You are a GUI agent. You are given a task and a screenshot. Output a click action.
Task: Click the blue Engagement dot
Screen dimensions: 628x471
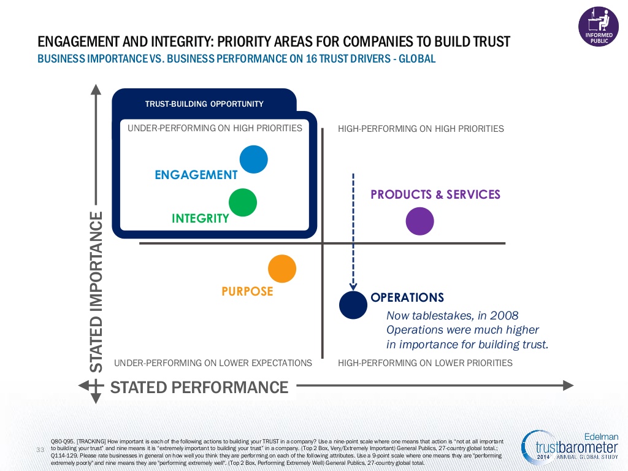253,159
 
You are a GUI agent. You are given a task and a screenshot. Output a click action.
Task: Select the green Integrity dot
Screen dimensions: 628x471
243,202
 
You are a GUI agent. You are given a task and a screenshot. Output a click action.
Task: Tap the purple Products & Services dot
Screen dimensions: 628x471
419,221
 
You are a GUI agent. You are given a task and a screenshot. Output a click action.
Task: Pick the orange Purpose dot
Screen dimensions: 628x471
282,269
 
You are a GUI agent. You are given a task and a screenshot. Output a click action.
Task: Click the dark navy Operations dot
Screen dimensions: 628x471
353,305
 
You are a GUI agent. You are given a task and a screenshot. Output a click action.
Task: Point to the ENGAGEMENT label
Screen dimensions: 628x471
196,175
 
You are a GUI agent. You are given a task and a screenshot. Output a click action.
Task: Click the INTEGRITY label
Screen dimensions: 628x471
201,218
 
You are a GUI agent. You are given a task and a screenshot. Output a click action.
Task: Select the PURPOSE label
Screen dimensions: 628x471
247,291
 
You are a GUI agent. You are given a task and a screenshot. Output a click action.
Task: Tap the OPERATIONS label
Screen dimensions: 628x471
407,297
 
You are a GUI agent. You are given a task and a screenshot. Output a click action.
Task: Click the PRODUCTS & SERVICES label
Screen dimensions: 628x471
435,194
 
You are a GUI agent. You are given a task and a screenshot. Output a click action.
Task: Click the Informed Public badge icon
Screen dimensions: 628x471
599,26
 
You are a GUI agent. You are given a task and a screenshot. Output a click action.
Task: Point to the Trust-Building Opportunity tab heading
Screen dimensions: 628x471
204,104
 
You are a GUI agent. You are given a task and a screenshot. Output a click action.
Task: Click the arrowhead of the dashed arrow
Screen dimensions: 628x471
353,286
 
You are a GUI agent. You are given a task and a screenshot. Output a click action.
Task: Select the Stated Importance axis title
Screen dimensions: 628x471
96,292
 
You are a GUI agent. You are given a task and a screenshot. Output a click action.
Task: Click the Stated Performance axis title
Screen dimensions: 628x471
199,388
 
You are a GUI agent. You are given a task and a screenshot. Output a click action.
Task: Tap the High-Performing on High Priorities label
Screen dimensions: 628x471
421,129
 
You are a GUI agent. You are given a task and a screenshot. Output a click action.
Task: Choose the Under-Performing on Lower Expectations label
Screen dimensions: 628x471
213,363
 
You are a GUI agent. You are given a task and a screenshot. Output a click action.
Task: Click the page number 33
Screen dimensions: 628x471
40,450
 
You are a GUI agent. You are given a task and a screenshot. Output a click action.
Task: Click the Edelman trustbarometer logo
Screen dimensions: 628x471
570,447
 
